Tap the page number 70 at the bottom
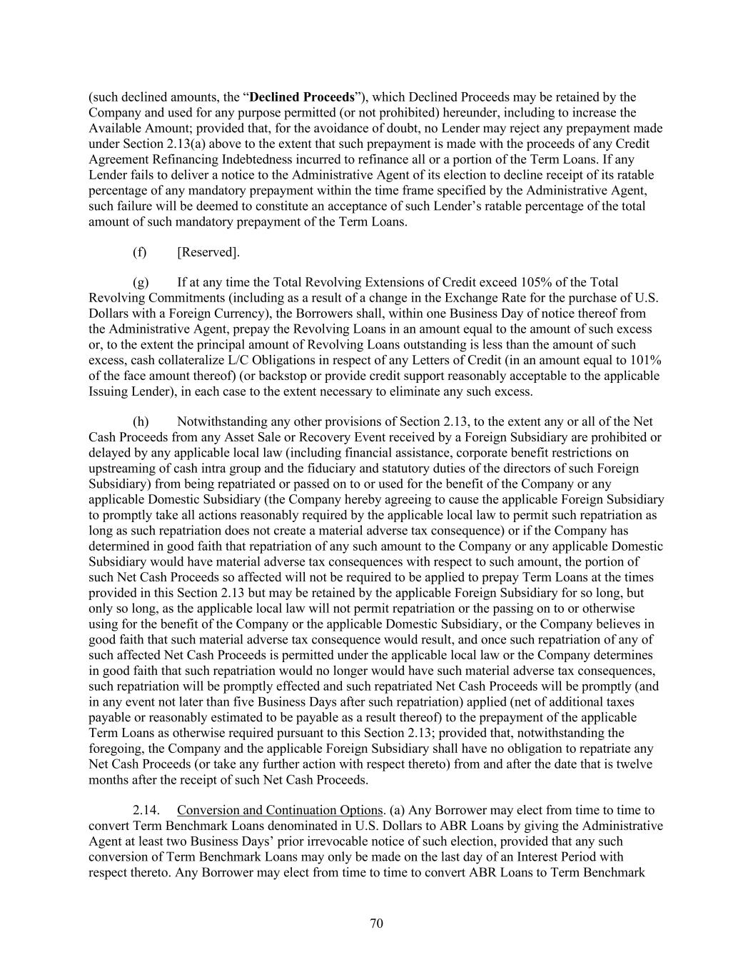pos(377,924)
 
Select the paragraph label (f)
pos(140,252)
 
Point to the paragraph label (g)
pos(140,282)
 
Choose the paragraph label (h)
pos(140,421)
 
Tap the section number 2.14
pos(146,810)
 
